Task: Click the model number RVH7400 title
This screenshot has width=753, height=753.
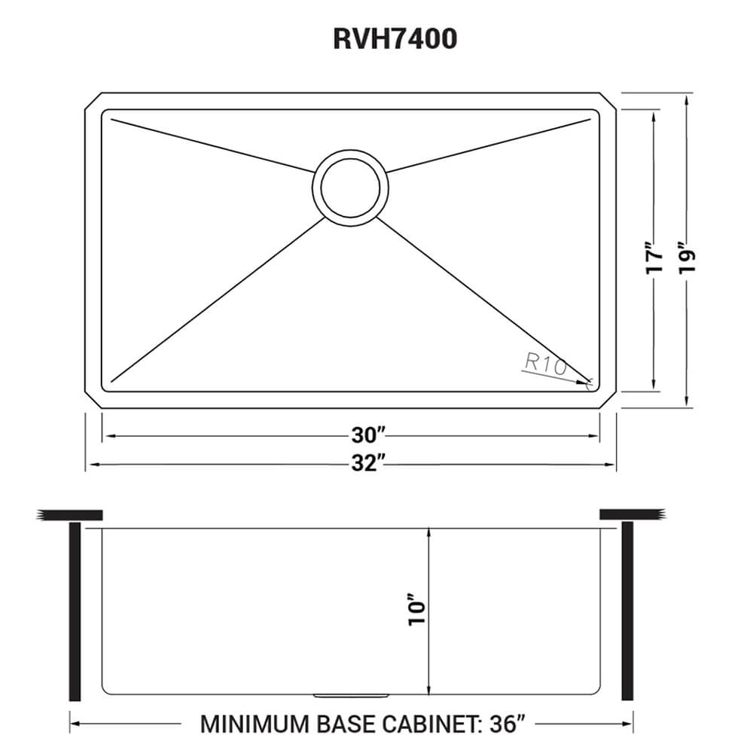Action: [395, 39]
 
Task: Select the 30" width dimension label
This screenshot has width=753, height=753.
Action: [368, 435]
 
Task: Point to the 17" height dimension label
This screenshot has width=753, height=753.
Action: [654, 257]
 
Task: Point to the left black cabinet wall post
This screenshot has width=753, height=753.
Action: [75, 611]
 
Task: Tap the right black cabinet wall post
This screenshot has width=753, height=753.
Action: [627, 611]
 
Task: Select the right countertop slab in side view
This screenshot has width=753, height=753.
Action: [633, 515]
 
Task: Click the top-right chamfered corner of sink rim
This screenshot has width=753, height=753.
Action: [610, 101]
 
